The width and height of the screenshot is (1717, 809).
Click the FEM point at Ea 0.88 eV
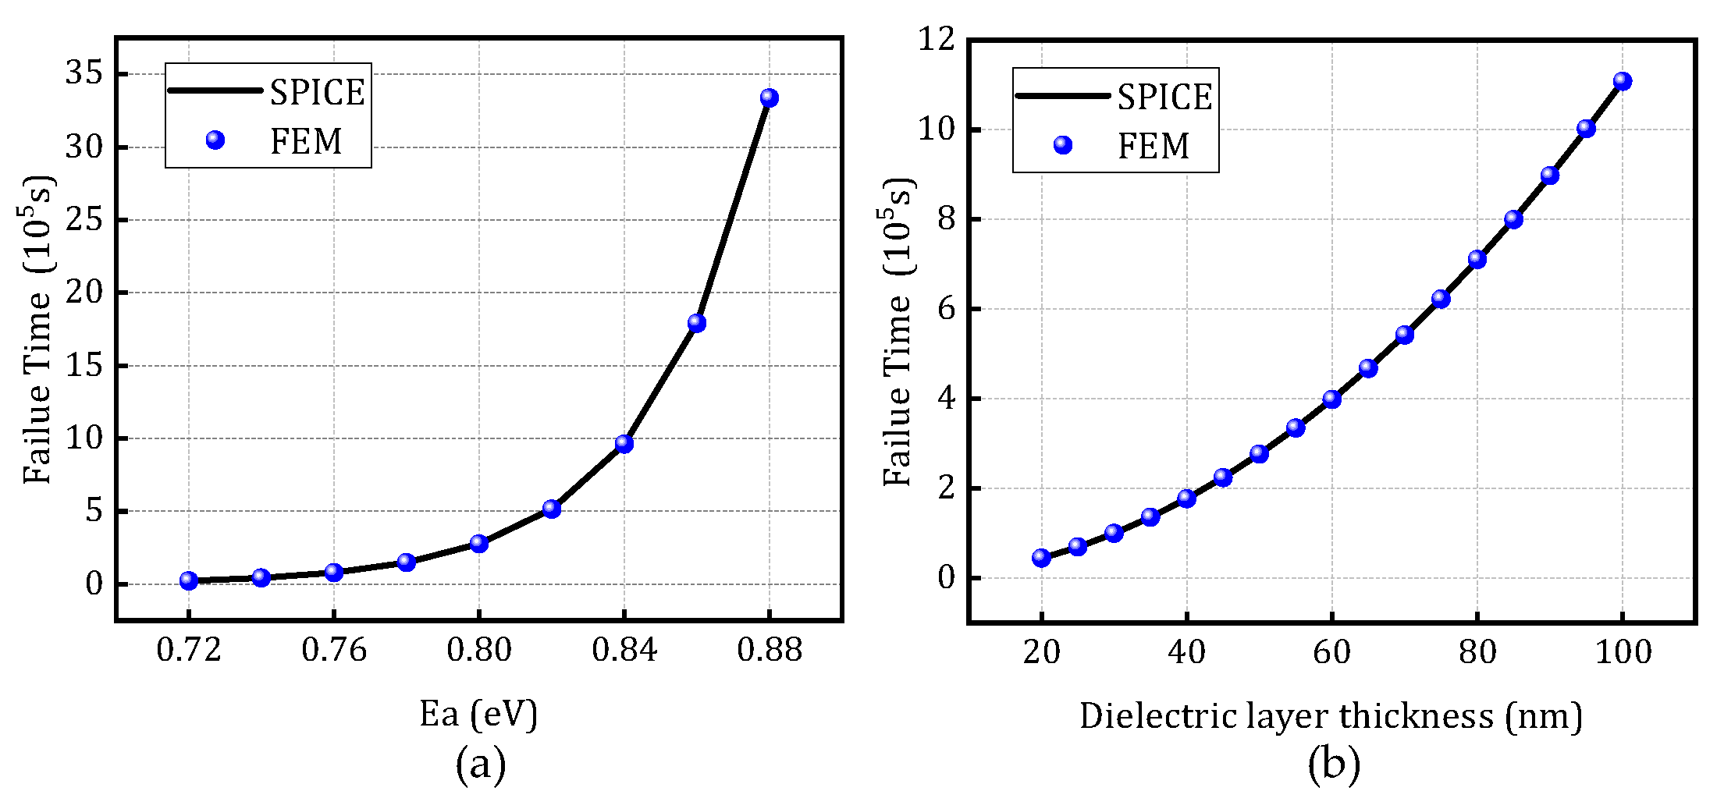[x=769, y=98]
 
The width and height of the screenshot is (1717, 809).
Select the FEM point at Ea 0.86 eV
[x=696, y=323]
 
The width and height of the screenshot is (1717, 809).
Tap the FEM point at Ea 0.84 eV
[x=624, y=444]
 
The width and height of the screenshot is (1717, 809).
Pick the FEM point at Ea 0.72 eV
[x=188, y=580]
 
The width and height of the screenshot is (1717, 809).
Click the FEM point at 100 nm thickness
[x=1622, y=81]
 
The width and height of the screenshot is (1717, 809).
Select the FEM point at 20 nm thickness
[x=1040, y=558]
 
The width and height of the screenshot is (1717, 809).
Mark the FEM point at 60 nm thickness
[x=1331, y=399]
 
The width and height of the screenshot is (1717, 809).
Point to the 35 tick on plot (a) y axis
[x=84, y=73]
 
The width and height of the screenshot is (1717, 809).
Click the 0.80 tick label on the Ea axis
[x=478, y=650]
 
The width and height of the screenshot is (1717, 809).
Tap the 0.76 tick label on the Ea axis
[x=333, y=650]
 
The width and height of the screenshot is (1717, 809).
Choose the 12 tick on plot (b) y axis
[x=936, y=38]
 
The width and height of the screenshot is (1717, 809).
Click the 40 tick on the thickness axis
[x=1186, y=651]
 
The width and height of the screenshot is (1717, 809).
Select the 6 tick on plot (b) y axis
[x=946, y=309]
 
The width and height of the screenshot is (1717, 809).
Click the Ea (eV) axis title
[x=478, y=714]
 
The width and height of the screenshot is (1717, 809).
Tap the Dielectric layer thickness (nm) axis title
[x=1331, y=716]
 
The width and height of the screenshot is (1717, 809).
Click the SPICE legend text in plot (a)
[x=317, y=93]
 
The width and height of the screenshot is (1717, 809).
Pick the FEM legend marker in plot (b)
[x=1062, y=145]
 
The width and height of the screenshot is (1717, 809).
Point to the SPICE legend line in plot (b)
[x=1062, y=96]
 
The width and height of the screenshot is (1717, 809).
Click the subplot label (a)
[x=480, y=765]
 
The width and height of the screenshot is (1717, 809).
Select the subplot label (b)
[x=1333, y=765]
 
